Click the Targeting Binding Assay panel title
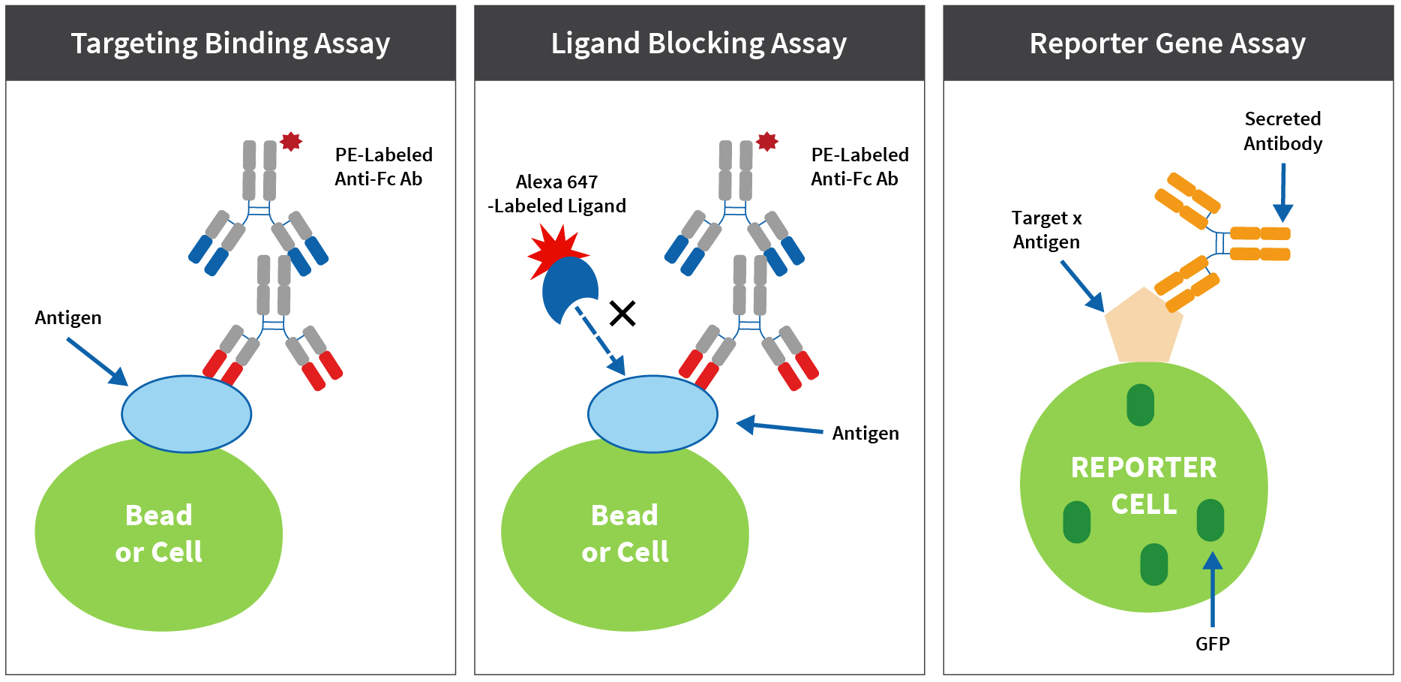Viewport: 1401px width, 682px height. [230, 44]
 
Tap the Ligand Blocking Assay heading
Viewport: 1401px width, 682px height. [699, 44]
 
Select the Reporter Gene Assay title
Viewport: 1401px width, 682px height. [1167, 44]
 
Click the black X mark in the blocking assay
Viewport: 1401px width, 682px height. [622, 313]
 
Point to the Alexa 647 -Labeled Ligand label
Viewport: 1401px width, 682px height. [556, 194]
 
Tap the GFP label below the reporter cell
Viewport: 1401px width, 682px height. [1212, 644]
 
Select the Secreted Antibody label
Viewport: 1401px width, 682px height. [1282, 131]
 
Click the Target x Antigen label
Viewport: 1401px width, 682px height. [1046, 230]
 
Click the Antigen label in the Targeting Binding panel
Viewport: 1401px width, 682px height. [68, 317]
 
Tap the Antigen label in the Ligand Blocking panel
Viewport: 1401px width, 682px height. [865, 433]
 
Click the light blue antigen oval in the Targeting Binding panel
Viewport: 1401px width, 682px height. [186, 414]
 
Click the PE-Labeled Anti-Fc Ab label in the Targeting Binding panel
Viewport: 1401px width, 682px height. [383, 167]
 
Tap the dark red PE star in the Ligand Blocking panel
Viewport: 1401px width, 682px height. [766, 141]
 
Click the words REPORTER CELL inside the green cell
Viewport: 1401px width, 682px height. [1144, 485]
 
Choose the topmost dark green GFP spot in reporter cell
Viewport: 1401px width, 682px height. [1140, 405]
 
